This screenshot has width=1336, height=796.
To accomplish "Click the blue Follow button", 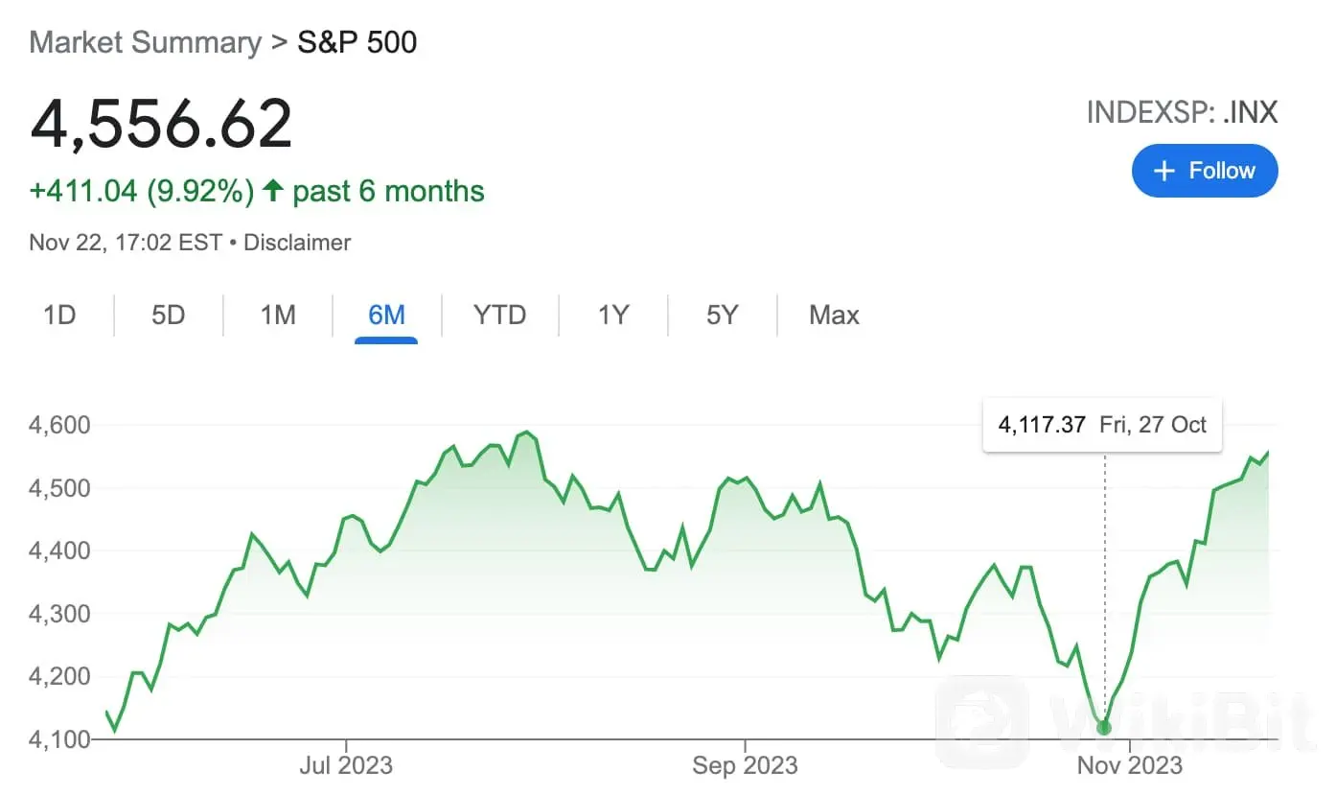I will [x=1204, y=171].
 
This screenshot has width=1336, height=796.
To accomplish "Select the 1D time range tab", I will [x=59, y=315].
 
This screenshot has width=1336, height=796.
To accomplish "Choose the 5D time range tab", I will [x=168, y=315].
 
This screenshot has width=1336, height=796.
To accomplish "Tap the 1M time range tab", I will [x=278, y=315].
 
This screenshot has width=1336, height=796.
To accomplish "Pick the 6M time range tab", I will [x=386, y=315].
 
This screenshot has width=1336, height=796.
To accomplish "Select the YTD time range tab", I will [x=499, y=315].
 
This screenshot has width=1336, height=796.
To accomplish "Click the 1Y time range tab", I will [x=612, y=315].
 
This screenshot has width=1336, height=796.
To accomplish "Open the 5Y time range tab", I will [x=722, y=315].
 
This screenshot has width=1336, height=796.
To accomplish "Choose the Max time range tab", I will [x=834, y=315].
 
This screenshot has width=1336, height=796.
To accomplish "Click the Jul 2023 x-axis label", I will [x=346, y=765].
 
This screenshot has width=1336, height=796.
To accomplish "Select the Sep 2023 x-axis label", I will [x=745, y=765].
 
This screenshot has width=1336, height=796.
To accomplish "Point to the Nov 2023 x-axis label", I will [x=1130, y=765].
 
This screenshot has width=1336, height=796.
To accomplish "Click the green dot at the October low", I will [x=1104, y=728].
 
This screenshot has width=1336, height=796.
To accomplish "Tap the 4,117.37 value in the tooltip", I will [x=1042, y=425].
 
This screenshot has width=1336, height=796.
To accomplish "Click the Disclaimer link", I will [x=297, y=243].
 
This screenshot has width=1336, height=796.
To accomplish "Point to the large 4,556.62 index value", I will [x=161, y=124].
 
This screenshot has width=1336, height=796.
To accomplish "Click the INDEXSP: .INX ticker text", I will [x=1182, y=112].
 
